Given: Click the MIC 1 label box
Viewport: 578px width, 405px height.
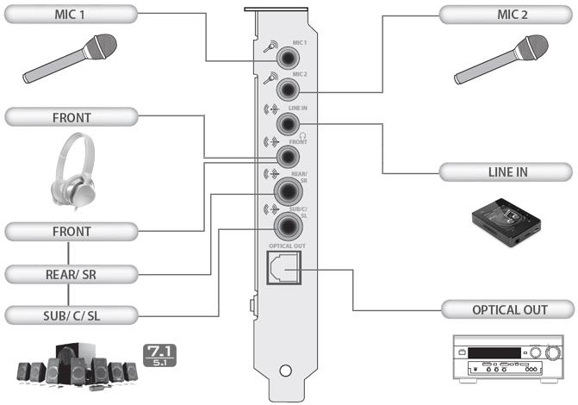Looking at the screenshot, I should click(x=69, y=15).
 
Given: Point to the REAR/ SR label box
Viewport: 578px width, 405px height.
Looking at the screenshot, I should click(x=69, y=274).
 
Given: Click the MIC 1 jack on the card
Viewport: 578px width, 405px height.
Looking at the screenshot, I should click(x=287, y=56).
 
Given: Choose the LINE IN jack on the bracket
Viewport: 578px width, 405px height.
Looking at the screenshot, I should click(x=287, y=123).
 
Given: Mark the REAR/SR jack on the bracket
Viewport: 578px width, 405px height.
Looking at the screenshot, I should click(x=287, y=191).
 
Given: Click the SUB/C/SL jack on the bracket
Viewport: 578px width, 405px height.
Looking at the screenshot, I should click(x=287, y=226).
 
